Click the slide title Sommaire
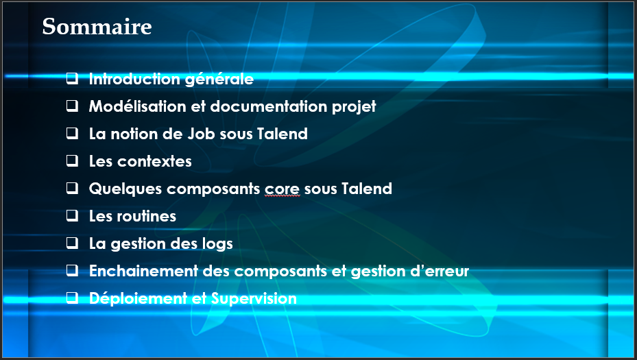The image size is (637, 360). (x=97, y=27)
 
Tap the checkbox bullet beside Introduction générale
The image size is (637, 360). (x=72, y=78)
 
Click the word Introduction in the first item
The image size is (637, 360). (x=134, y=79)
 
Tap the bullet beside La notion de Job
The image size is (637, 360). (x=72, y=133)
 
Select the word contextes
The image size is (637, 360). (x=154, y=161)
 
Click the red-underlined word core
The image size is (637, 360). (x=282, y=189)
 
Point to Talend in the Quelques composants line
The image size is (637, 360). (x=367, y=189)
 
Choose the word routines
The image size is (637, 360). (x=147, y=216)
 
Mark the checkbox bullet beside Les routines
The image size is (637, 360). (x=72, y=215)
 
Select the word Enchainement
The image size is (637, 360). (x=143, y=271)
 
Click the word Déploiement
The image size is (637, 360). (x=138, y=299)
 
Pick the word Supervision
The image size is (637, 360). (x=254, y=299)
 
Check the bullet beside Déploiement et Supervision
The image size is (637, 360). (x=72, y=298)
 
